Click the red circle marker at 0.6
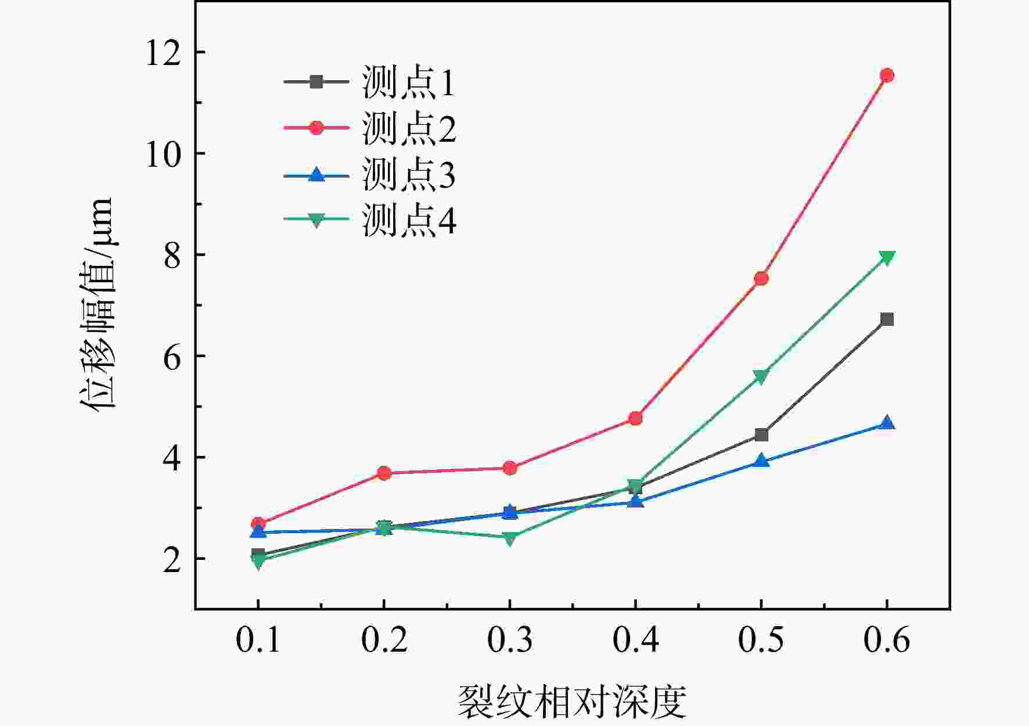tap(887, 75)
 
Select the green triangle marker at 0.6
tap(887, 258)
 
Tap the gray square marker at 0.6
tap(887, 319)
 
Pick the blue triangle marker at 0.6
tap(887, 422)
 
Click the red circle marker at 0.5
tap(761, 278)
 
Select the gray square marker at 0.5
tap(761, 435)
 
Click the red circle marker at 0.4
tap(635, 418)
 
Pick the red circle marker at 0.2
tap(383, 473)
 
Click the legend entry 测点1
tap(369, 82)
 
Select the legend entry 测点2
tap(369, 128)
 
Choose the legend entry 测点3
tap(369, 174)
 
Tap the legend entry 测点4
tap(369, 220)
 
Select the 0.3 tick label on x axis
tap(509, 640)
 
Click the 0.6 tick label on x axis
tap(887, 640)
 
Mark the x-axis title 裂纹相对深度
tap(572, 701)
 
